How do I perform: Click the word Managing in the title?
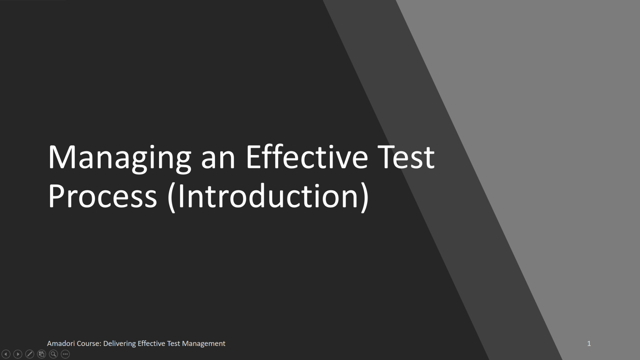tap(119, 157)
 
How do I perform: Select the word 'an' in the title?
tap(218, 157)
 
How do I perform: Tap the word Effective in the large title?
tap(307, 157)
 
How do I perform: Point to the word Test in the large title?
tap(407, 157)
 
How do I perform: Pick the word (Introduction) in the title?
tap(268, 196)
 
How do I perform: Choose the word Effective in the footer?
tap(151, 343)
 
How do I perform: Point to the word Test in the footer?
tap(174, 343)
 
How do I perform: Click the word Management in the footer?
tap(204, 343)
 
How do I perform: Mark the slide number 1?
tap(589, 343)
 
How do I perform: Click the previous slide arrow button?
tap(6, 354)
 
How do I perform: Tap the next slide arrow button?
tap(18, 354)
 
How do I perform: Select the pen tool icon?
tap(30, 354)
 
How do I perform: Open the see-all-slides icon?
tap(42, 354)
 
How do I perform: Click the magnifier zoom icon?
tap(53, 354)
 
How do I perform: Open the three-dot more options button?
tap(65, 354)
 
